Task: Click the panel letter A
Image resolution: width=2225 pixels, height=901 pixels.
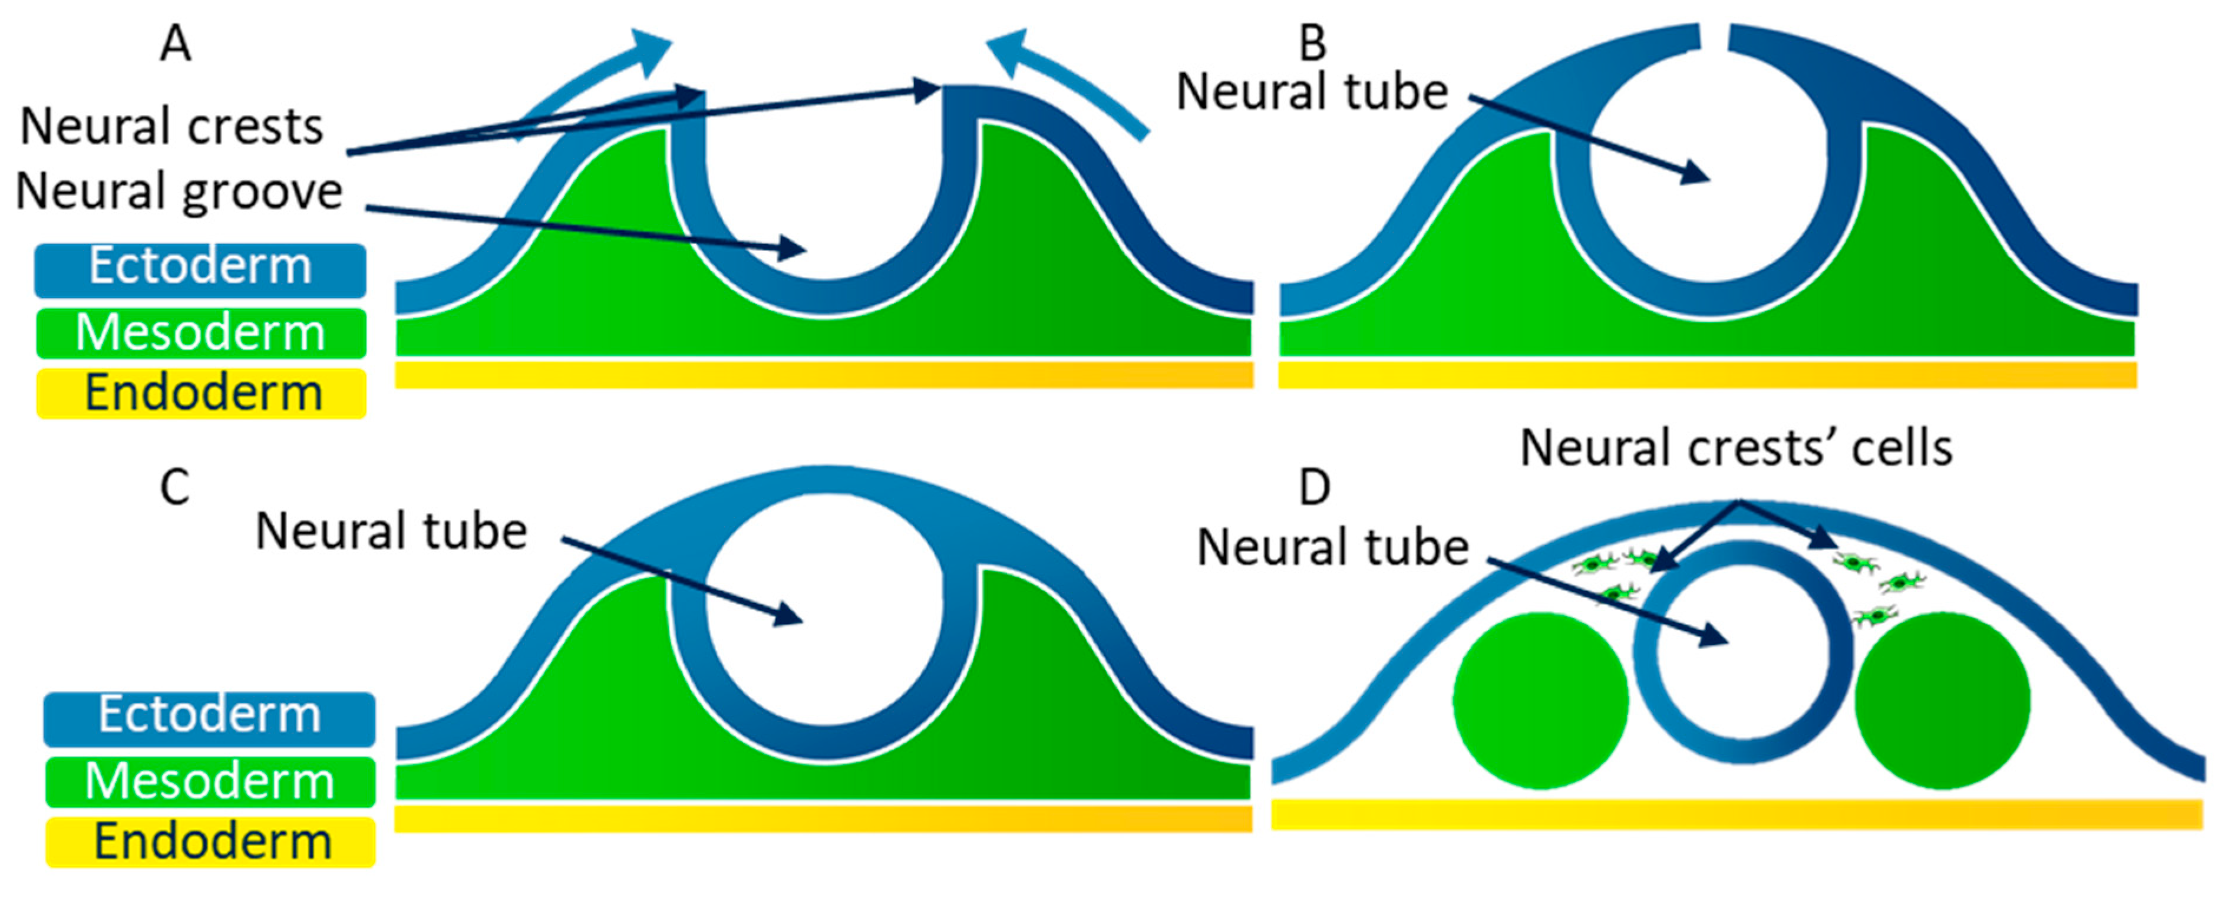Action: pyautogui.click(x=176, y=43)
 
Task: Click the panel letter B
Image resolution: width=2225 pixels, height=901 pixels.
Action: pyautogui.click(x=1312, y=43)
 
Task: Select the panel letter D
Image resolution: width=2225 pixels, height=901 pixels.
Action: pyautogui.click(x=1315, y=488)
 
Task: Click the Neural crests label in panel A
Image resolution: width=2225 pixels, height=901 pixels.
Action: pyautogui.click(x=171, y=127)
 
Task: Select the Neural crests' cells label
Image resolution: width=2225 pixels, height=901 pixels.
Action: pyautogui.click(x=1736, y=448)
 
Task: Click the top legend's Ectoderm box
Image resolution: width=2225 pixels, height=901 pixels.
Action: pyautogui.click(x=200, y=269)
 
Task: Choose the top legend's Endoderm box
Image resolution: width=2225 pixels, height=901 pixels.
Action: pyautogui.click(x=202, y=394)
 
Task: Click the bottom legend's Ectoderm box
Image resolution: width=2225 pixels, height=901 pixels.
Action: pyautogui.click(x=209, y=718)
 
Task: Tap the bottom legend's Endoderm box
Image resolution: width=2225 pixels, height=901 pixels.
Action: pyautogui.click(x=211, y=842)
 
